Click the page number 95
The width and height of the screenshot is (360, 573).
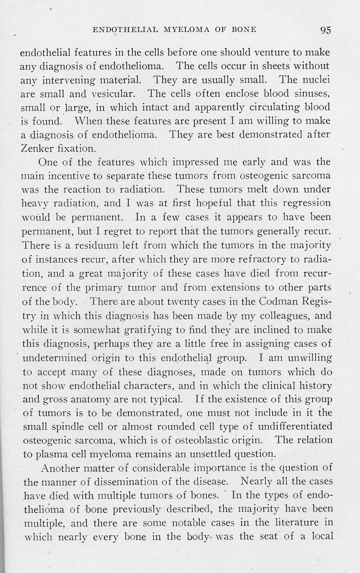coord(326,31)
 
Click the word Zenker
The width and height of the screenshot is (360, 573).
coord(36,148)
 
